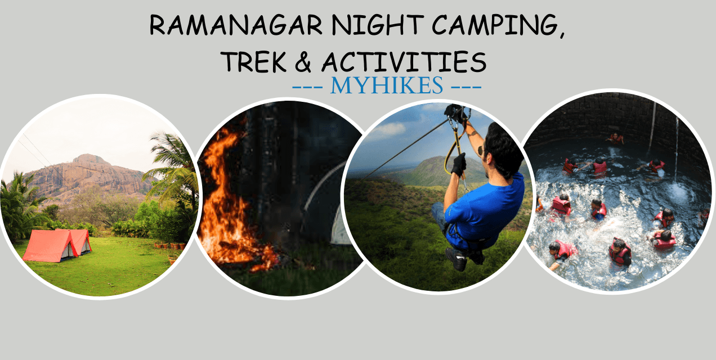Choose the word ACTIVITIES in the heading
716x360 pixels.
point(403,62)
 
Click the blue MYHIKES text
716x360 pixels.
point(387,86)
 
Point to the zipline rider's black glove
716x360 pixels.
point(458,165)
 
